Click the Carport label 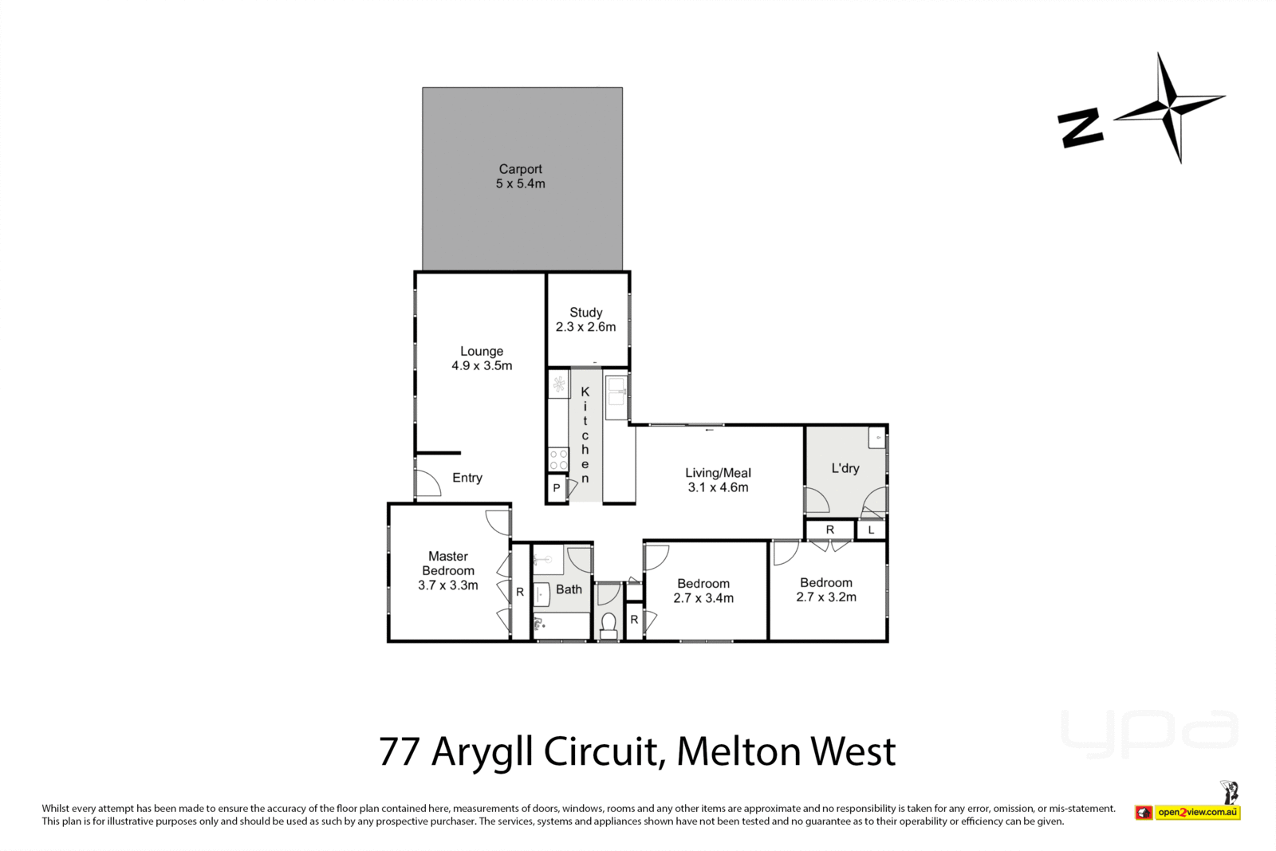pos(520,169)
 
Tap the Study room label pos(585,313)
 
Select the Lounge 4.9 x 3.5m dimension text pos(482,366)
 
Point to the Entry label pos(467,478)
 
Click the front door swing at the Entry pos(427,483)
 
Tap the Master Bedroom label pos(448,563)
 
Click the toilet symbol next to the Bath pos(608,624)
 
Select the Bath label pos(569,589)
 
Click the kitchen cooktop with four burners pos(558,459)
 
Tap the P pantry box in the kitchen pos(556,488)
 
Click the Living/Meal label pos(718,473)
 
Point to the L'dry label pos(845,468)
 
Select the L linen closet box pos(871,530)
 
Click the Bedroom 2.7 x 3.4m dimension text pos(703,598)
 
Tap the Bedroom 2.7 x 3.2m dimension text pos(826,597)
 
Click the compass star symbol pos(1170,108)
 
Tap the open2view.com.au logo pos(1196,813)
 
